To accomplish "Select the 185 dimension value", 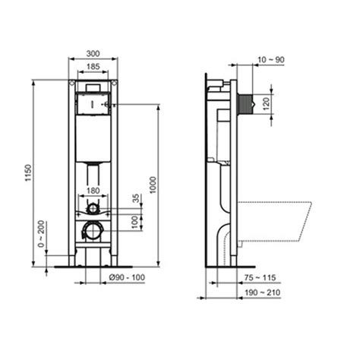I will pos(92,68).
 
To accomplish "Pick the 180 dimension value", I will pos(93,191).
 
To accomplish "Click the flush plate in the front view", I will pos(93,100).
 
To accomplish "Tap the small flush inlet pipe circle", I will pos(93,208).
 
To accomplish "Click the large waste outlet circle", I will pos(93,230).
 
